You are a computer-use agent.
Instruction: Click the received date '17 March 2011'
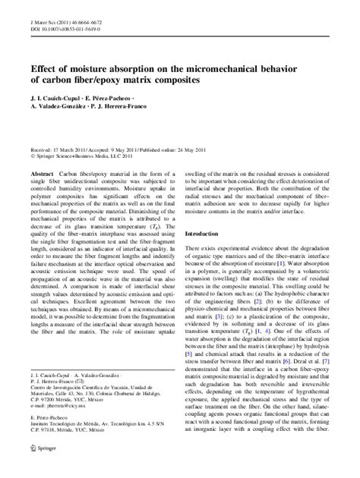pyautogui.click(x=75, y=151)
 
